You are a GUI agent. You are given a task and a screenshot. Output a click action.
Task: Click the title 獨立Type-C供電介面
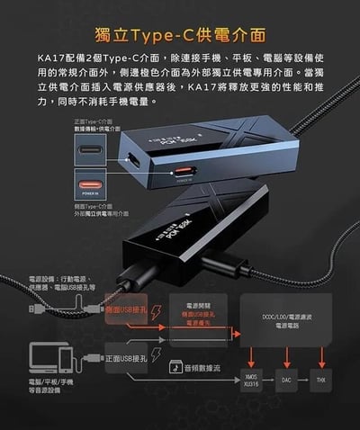(x=180, y=36)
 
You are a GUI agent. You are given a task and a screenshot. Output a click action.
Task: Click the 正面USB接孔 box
(x=123, y=359)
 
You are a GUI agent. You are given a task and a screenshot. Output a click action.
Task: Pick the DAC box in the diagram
(x=285, y=380)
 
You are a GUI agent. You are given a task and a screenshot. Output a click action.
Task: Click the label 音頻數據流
(x=202, y=368)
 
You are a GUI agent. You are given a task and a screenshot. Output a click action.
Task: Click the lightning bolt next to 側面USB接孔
(x=156, y=311)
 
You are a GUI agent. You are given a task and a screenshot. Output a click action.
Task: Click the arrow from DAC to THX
(x=302, y=380)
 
